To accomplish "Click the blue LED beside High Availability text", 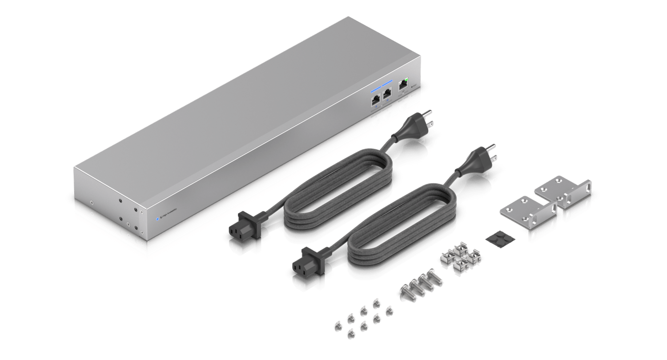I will pos(157,219).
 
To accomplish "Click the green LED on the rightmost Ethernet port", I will pos(406,80).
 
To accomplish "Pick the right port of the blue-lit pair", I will pos(387,94).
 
